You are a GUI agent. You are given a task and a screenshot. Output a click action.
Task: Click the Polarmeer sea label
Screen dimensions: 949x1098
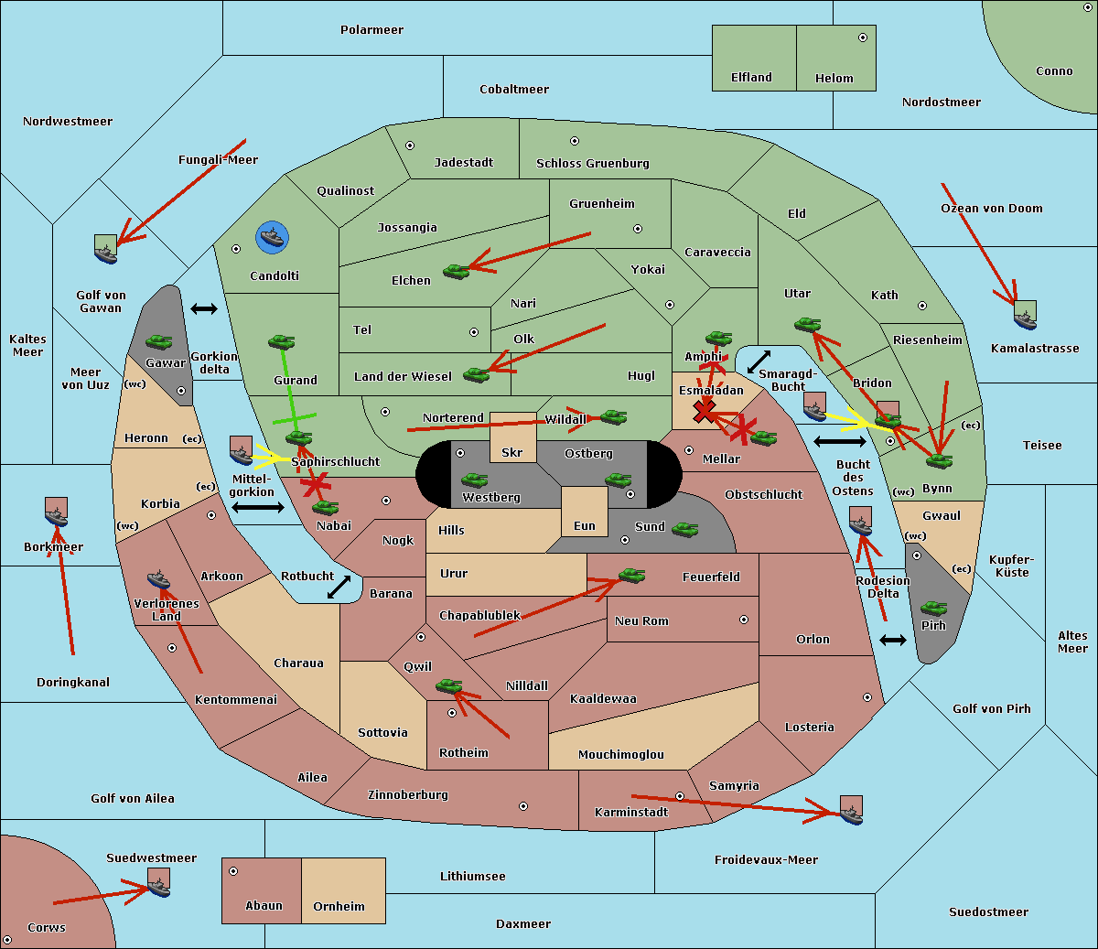click(x=371, y=30)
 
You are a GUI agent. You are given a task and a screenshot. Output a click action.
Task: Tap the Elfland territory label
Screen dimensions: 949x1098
click(x=751, y=78)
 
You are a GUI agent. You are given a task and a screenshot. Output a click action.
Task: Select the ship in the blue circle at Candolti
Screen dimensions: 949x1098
click(x=273, y=238)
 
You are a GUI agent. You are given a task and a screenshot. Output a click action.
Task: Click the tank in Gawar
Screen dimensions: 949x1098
click(x=159, y=341)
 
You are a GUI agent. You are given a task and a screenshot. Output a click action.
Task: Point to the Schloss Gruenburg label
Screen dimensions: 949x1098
click(x=592, y=164)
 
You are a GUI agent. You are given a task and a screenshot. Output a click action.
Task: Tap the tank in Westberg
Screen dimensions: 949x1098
click(x=474, y=480)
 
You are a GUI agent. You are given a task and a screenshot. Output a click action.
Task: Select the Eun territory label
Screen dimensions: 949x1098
click(x=585, y=526)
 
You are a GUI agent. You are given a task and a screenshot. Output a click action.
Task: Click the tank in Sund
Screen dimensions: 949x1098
click(x=685, y=528)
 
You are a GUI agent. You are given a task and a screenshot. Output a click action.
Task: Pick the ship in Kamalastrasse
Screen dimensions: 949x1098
click(x=1026, y=316)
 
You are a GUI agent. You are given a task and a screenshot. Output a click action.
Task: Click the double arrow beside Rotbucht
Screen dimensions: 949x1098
click(x=339, y=587)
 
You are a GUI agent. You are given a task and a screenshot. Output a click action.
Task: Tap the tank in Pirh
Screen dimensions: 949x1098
click(x=933, y=608)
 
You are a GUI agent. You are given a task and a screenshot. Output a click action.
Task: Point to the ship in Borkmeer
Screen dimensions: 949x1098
click(x=57, y=513)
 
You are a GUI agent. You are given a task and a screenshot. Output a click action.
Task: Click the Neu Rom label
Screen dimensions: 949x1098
click(x=641, y=621)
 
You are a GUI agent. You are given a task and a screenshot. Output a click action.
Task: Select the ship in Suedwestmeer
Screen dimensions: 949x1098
click(x=158, y=883)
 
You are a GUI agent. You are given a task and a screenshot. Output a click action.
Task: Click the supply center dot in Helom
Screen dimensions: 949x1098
click(x=862, y=38)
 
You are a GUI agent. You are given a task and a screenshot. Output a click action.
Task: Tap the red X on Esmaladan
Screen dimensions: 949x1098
click(x=704, y=411)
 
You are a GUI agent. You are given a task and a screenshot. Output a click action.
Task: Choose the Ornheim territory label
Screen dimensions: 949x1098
click(x=339, y=907)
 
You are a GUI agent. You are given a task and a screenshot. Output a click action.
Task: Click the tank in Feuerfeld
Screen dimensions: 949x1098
click(x=632, y=576)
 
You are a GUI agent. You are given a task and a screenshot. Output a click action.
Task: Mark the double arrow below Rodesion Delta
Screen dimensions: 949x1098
click(x=893, y=640)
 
